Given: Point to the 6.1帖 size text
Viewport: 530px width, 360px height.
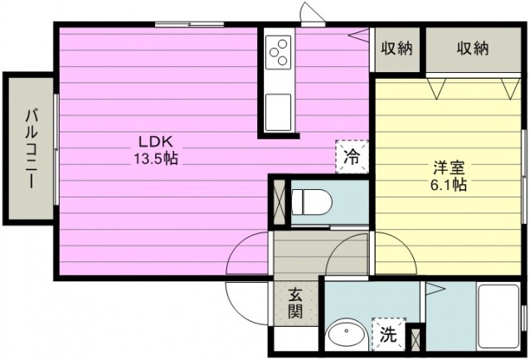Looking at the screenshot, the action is coord(449,185).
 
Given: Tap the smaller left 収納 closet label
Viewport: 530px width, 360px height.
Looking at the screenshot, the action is coord(396,49).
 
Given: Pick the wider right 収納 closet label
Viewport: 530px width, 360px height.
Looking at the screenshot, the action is coord(473,49).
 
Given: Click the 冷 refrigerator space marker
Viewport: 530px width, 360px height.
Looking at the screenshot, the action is coord(352,157).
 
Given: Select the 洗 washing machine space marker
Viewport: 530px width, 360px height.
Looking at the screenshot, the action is coord(388,334).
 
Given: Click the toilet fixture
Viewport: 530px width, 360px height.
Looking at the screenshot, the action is coord(311,202).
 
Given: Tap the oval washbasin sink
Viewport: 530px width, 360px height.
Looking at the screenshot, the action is coord(347,336).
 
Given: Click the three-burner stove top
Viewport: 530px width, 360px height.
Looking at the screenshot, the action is coord(278,52).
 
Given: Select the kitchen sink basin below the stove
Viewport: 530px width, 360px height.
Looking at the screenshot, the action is coord(278,112).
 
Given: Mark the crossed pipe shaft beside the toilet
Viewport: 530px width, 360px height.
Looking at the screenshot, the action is coord(280,202).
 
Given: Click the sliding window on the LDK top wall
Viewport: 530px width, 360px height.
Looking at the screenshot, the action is coord(190,24).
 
